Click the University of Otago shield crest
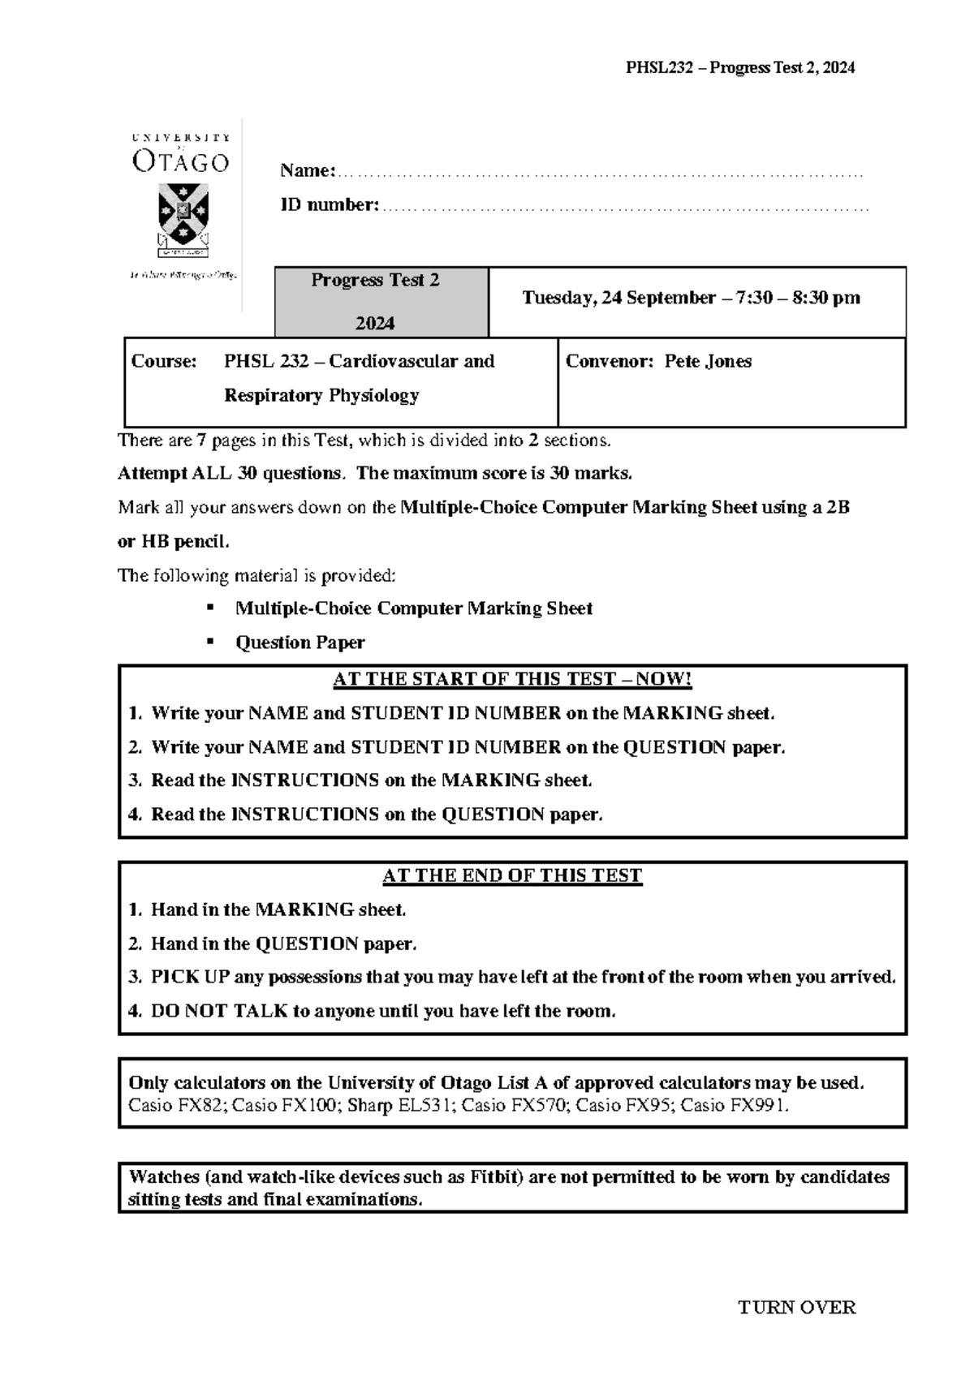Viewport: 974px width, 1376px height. pos(183,214)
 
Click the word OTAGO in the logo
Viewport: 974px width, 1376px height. pos(180,162)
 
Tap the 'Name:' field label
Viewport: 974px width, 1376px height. pos(307,171)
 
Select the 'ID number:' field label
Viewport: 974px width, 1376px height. pos(329,205)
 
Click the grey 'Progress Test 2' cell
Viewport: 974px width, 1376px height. pos(376,301)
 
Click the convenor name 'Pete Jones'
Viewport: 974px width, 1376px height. pos(708,361)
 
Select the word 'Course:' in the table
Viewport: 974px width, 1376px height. pos(164,361)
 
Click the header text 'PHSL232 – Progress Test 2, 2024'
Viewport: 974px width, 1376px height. pos(739,68)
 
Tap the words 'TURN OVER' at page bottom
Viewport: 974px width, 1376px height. pos(796,1307)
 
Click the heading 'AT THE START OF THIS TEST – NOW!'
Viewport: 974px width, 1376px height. pos(512,679)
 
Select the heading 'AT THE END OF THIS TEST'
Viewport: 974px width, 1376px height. pos(512,875)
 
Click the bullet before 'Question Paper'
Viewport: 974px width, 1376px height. pos(211,641)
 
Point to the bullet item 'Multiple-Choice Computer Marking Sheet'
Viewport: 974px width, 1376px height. pos(413,608)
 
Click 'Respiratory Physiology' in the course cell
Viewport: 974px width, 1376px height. pos(321,395)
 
